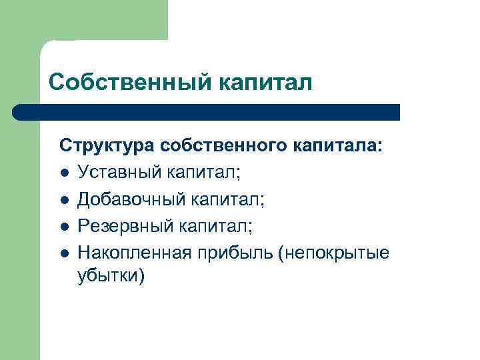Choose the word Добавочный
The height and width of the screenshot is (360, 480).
click(129, 199)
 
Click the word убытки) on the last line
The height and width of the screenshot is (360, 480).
click(110, 276)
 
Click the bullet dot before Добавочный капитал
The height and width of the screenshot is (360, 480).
click(63, 199)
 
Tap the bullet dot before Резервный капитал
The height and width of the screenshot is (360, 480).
click(63, 226)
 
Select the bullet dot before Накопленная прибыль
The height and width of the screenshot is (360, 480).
click(63, 252)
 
